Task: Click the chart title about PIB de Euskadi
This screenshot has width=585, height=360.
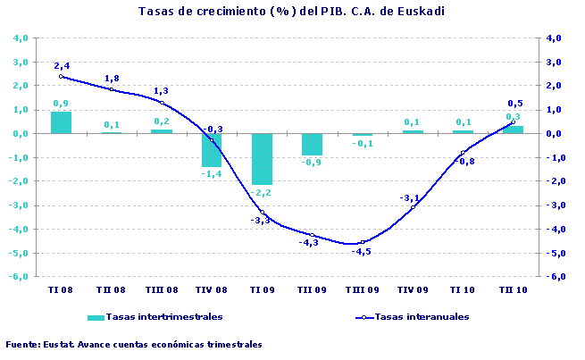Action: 292,12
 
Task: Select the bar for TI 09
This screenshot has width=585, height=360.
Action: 262,159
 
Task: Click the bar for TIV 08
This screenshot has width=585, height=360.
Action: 212,150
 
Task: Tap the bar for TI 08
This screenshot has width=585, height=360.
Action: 61,122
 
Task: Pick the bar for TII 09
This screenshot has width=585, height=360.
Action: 312,144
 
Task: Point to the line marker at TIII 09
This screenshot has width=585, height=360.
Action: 362,241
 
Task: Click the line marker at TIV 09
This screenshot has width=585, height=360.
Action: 413,207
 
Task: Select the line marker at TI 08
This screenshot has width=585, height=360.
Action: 61,77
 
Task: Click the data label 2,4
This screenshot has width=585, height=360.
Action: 62,66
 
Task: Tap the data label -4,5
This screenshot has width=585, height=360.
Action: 362,252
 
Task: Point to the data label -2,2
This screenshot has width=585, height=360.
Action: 262,193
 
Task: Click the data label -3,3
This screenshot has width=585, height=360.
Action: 259,220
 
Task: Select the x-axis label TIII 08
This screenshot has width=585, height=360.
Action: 162,290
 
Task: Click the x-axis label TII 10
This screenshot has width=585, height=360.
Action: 513,290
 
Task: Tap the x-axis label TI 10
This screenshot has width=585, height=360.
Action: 463,290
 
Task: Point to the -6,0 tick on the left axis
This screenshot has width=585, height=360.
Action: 19,277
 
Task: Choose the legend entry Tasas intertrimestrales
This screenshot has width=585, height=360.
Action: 163,317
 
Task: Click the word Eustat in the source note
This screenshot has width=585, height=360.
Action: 59,344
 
